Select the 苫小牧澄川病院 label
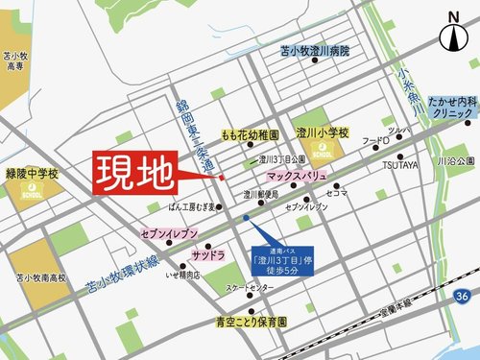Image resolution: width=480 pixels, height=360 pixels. tap(315, 50)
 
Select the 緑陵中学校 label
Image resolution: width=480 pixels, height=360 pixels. tap(32, 176)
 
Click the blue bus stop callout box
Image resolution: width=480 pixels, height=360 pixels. tap(279, 255)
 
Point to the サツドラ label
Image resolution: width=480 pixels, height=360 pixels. tap(206, 254)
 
